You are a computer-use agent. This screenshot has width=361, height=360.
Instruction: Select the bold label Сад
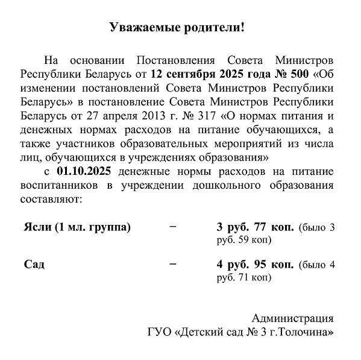tap(34, 264)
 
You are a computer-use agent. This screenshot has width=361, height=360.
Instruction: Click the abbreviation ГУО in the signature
tap(159, 331)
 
